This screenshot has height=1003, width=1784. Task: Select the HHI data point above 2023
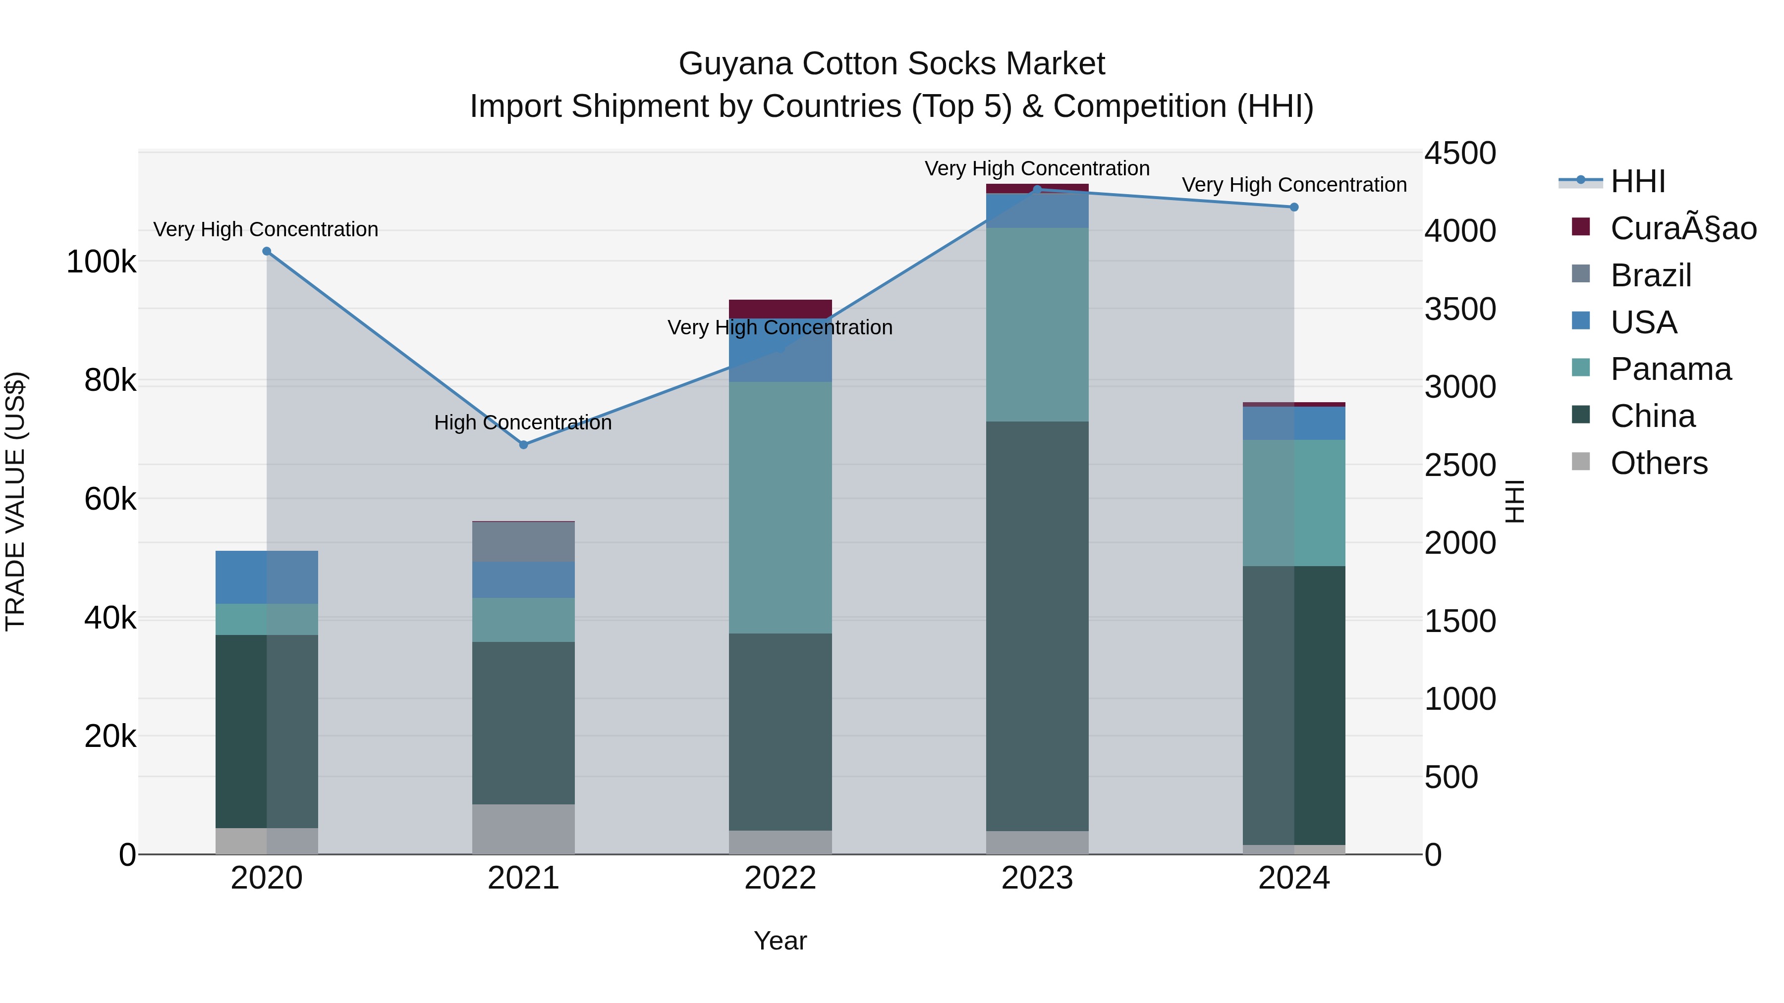click(x=1037, y=190)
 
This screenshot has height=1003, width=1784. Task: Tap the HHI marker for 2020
click(x=267, y=251)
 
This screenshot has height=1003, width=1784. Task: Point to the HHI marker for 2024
click(x=1294, y=207)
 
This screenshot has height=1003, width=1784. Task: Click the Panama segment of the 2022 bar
click(x=780, y=507)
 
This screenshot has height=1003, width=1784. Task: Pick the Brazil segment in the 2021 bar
click(x=524, y=541)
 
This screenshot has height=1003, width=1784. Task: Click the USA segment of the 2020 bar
click(x=267, y=578)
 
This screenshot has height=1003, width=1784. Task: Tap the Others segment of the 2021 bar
click(x=524, y=829)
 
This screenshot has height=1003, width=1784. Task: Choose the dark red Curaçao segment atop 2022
click(x=780, y=309)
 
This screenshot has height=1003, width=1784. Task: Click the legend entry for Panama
click(x=1670, y=369)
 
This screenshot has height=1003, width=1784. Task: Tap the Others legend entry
click(x=1658, y=463)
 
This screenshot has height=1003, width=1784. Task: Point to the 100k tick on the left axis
click(x=101, y=263)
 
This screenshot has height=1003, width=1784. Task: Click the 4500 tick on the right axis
click(x=1460, y=153)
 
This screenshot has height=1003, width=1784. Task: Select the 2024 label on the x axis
click(x=1294, y=878)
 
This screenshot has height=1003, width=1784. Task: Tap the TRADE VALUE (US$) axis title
click(x=15, y=501)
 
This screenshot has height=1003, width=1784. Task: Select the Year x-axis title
click(x=780, y=941)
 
